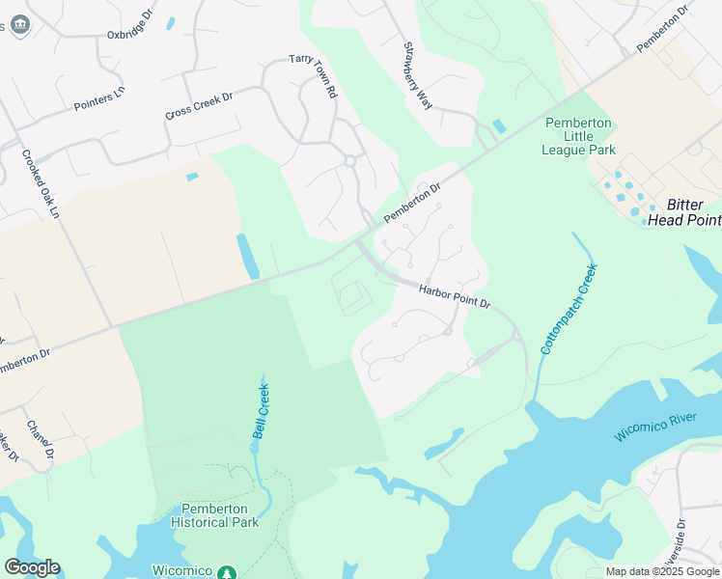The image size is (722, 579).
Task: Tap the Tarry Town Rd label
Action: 314,76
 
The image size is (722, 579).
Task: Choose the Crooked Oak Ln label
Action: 42,183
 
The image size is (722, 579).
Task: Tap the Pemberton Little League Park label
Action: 579,136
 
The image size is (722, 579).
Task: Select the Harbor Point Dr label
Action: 455,296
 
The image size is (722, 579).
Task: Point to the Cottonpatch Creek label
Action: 569,308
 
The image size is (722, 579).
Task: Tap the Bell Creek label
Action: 261,410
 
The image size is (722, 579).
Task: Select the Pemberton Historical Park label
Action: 215,515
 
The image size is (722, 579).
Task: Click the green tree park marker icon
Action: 227,573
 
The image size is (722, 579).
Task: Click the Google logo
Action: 31,567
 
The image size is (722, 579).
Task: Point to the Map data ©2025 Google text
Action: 661,571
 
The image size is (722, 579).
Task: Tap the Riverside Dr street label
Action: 680,540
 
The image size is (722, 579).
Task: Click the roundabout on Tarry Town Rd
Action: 349,161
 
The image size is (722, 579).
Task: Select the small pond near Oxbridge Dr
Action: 171,22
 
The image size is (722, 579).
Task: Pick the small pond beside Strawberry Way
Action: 498,126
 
